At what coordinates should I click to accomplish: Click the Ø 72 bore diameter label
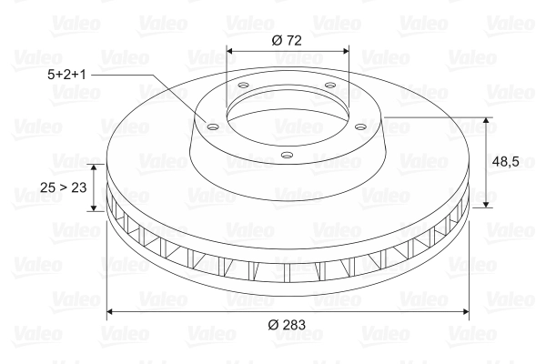pos(288,39)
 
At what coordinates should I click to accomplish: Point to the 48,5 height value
pos(506,161)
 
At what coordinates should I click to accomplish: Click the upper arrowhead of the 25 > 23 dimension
pos(93,167)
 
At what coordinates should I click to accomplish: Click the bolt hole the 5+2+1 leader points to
pos(213,127)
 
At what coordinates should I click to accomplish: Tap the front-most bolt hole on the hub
pos(287,155)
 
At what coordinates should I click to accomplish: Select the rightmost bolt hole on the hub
pos(361,126)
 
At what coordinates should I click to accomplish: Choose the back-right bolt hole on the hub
pos(330,87)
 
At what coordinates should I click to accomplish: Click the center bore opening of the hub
pos(287,114)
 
